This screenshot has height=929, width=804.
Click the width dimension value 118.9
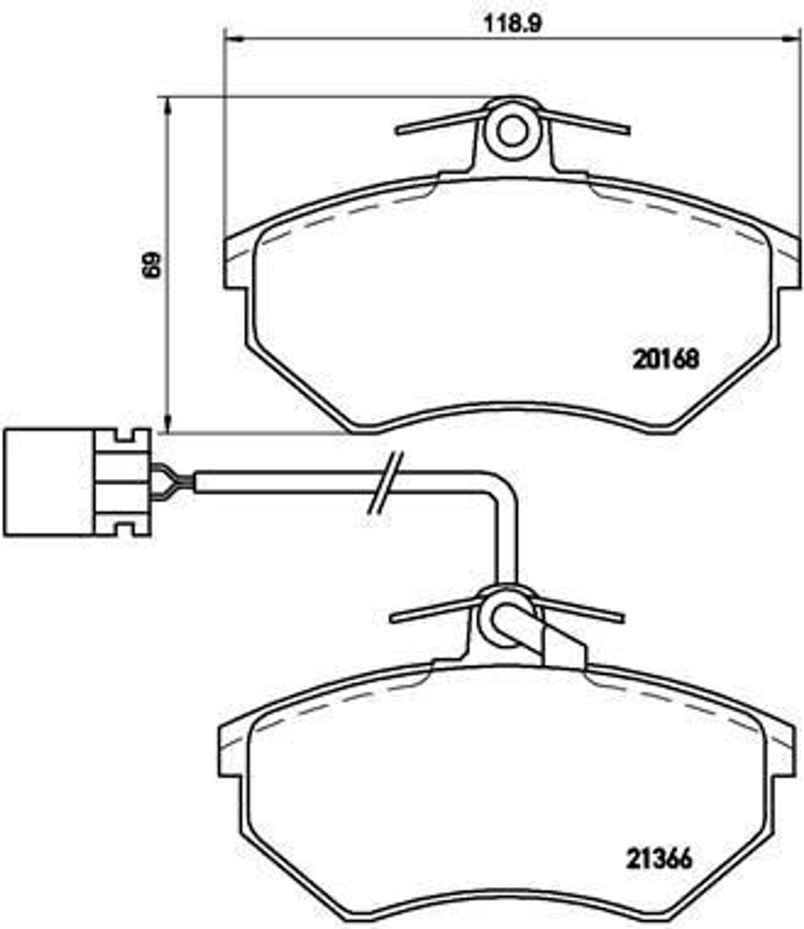(513, 24)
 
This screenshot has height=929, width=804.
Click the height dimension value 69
(151, 266)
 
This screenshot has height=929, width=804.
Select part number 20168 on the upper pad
(665, 359)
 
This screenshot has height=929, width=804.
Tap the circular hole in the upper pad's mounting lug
(512, 131)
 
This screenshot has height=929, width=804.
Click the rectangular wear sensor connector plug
(76, 483)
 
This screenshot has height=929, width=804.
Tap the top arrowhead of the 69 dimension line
(168, 107)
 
